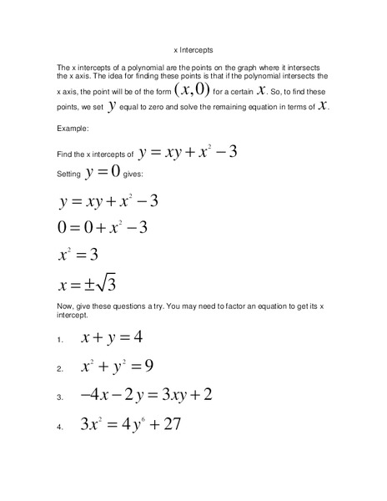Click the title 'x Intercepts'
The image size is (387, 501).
(193, 49)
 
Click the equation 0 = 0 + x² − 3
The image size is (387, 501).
(107, 227)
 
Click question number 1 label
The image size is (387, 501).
(60, 342)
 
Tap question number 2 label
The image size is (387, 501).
(60, 369)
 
